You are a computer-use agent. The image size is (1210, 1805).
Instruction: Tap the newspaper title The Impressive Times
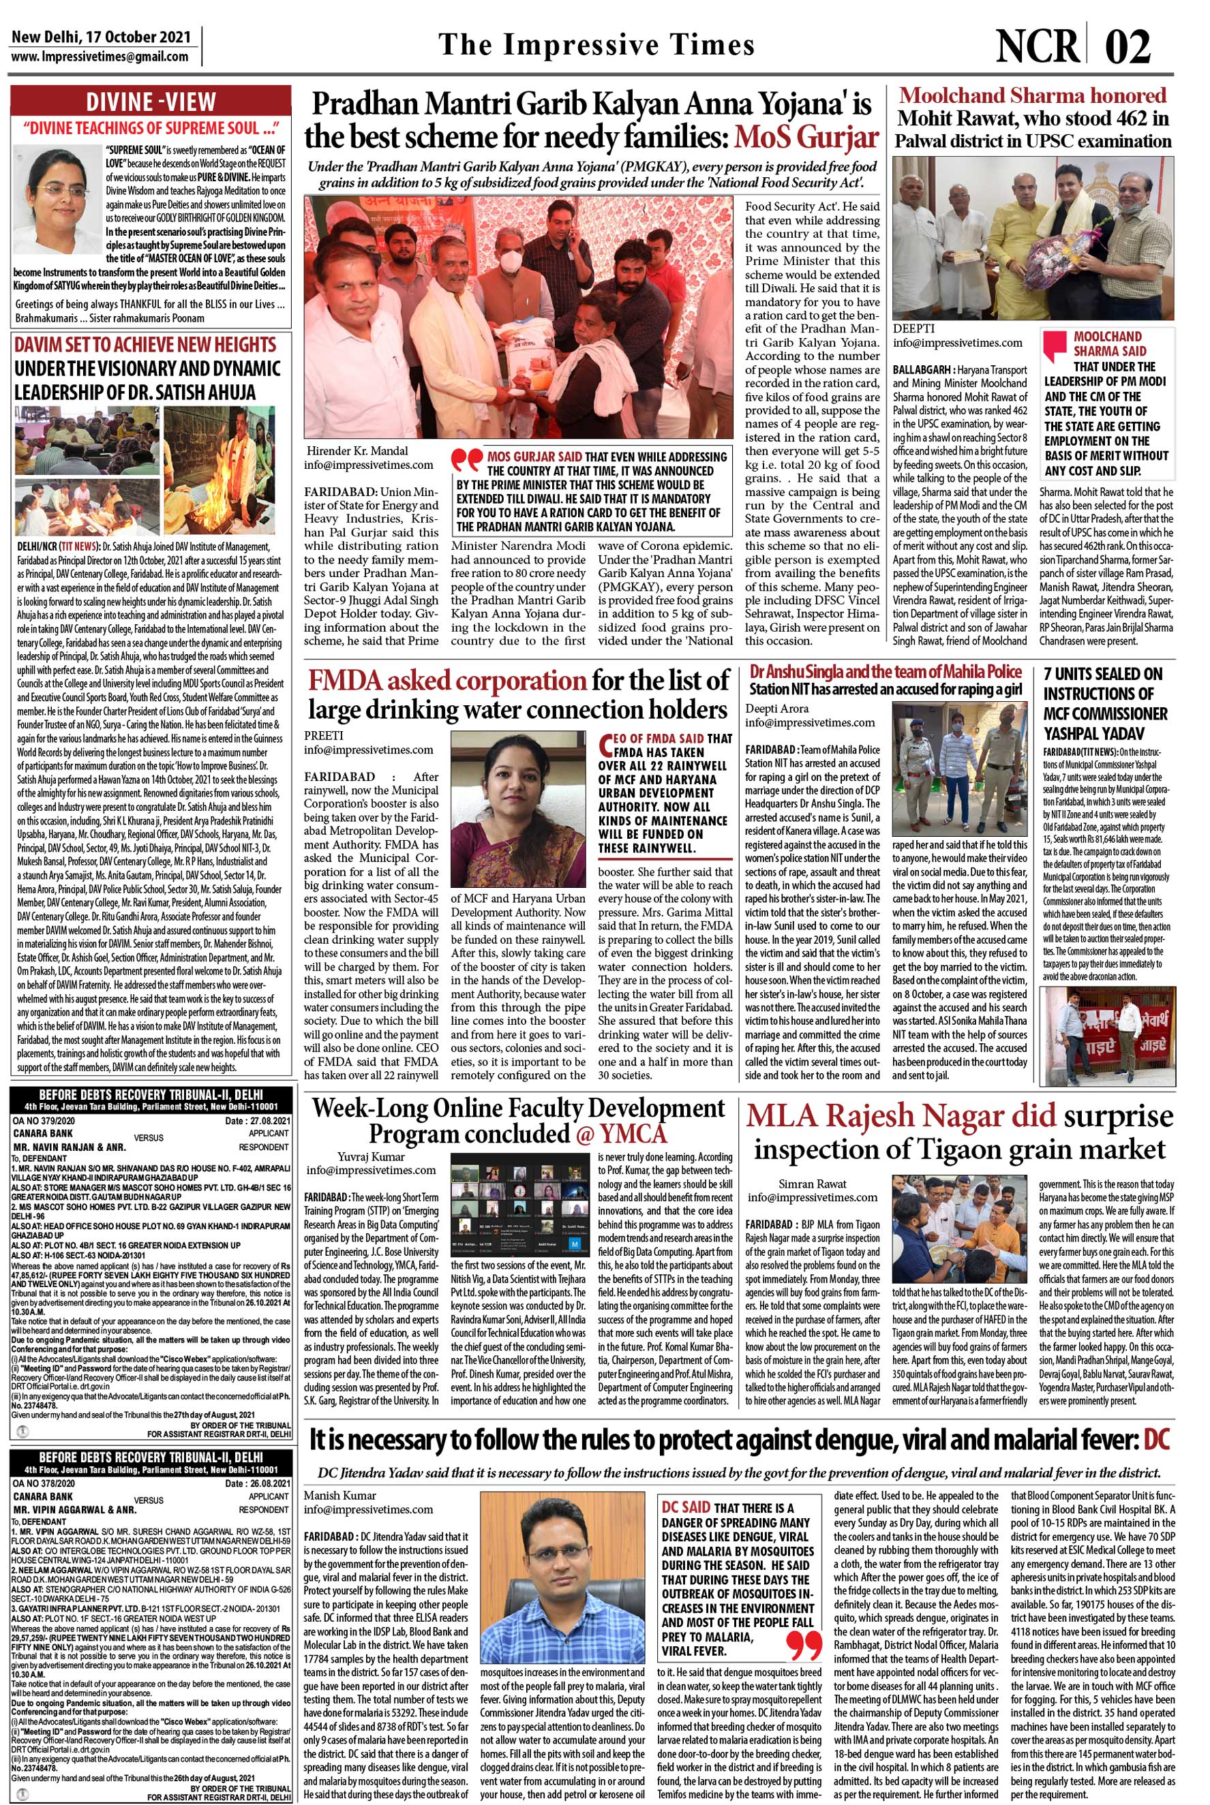596,46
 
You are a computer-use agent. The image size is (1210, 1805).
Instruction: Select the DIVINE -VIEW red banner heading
151,102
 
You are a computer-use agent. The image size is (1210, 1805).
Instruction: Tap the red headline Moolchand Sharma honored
1033,95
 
